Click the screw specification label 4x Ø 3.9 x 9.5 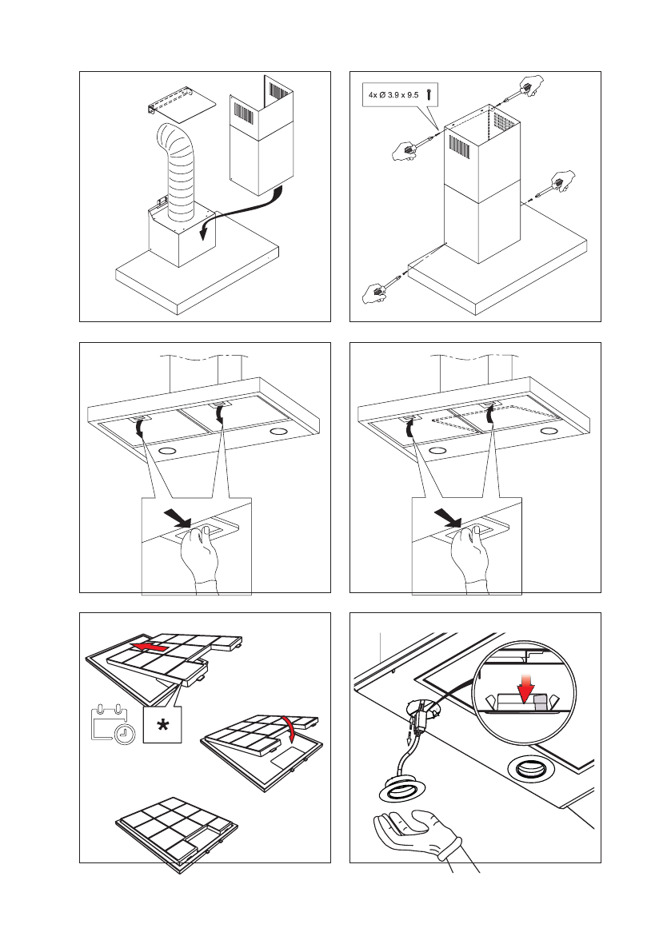coord(392,94)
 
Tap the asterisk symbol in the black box coord(163,724)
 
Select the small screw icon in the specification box coord(429,94)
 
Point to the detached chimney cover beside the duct coord(261,136)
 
